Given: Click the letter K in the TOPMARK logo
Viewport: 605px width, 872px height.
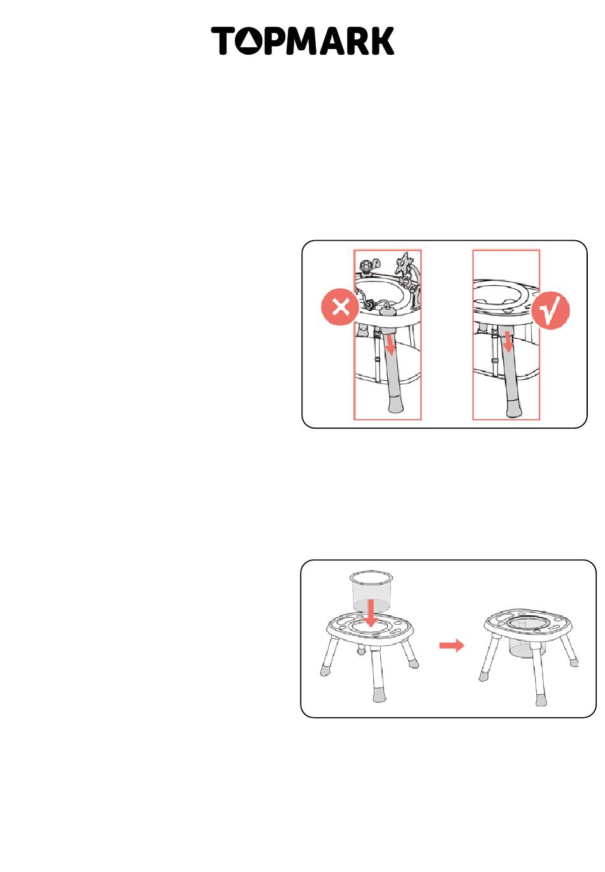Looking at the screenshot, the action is pos(381,40).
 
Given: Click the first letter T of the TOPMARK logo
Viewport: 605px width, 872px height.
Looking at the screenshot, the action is pos(223,40).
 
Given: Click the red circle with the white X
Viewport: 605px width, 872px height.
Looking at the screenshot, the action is pos(340,307).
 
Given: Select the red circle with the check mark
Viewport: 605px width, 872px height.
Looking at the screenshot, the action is pos(550,310).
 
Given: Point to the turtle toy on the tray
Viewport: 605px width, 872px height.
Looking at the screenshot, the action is pos(367,266).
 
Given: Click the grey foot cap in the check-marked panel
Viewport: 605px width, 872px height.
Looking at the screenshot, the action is pos(517,406).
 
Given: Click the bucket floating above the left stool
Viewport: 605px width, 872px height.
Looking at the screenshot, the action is pos(370,591).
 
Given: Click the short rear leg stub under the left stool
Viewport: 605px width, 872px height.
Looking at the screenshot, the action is pos(361,649).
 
